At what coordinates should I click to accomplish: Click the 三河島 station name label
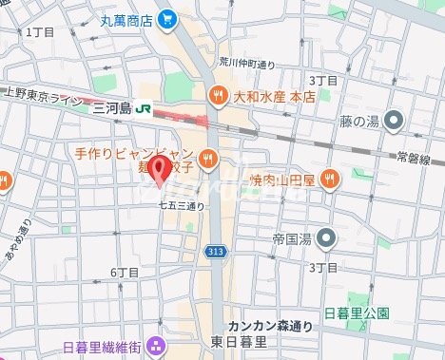[x=112, y=109]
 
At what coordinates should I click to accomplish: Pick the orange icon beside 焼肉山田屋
[x=330, y=178]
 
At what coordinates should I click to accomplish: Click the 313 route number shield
[x=214, y=252]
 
